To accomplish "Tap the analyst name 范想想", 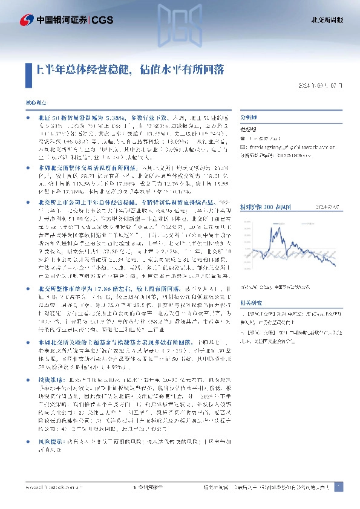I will click(x=249, y=128).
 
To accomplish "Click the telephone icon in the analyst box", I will click(x=243, y=138).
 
